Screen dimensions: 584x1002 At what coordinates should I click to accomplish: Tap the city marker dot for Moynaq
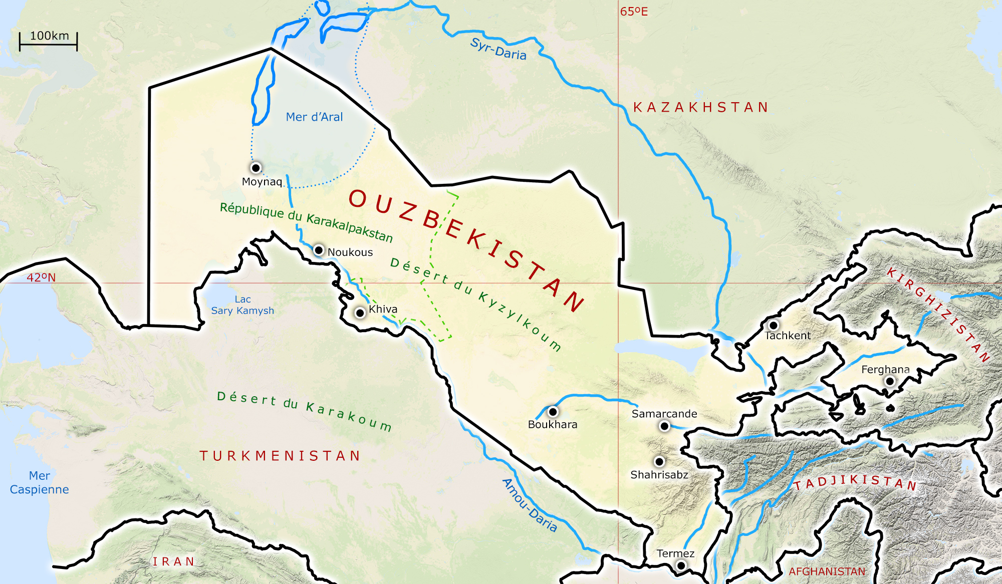point(256,168)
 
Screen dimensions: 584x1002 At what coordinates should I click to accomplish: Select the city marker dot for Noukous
point(319,250)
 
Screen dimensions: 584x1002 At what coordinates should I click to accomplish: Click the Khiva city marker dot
point(360,313)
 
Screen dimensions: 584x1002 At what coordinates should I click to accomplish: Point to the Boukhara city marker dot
point(553,412)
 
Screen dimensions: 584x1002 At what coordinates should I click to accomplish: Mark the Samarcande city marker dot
point(664,426)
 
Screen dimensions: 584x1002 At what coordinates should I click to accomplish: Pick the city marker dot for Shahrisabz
point(659,461)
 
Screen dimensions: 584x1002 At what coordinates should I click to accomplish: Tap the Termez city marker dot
point(681,565)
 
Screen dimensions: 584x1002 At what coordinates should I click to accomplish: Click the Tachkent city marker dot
point(774,326)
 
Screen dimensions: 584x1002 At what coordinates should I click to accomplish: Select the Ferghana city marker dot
point(890,381)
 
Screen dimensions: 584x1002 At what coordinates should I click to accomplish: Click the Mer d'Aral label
point(314,117)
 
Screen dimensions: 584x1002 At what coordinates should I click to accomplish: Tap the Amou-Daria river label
point(529,505)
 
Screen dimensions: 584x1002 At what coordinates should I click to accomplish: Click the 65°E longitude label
point(634,12)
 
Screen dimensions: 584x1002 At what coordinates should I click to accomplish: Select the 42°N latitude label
point(41,277)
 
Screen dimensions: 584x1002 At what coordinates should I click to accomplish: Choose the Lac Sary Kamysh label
point(242,305)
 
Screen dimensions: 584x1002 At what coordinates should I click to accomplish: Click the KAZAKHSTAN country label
point(700,108)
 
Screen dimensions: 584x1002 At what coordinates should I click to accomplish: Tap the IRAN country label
point(173,562)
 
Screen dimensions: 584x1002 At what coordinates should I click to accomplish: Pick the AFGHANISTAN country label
point(827,571)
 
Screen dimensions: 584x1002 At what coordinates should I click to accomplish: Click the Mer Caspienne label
point(39,482)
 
